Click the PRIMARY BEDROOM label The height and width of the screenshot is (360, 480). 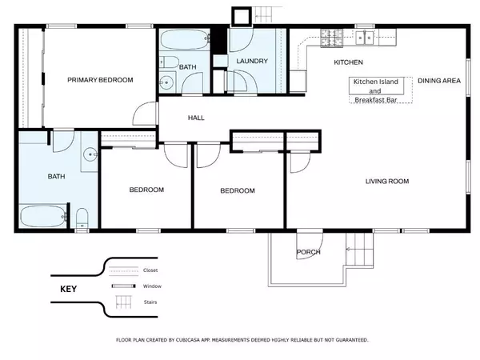click(100, 80)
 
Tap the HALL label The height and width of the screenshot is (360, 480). click(196, 118)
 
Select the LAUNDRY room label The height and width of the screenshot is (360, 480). click(251, 62)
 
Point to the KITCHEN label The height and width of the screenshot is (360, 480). click(348, 62)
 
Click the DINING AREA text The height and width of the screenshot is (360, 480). click(439, 82)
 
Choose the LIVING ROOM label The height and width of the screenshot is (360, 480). click(387, 182)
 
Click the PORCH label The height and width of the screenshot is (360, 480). click(308, 252)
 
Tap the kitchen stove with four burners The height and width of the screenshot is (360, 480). click(330, 37)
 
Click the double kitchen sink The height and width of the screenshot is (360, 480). click(366, 36)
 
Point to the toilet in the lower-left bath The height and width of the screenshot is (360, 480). click(82, 218)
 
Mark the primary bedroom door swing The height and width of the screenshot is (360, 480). click(144, 114)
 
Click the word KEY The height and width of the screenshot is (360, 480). click(67, 289)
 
